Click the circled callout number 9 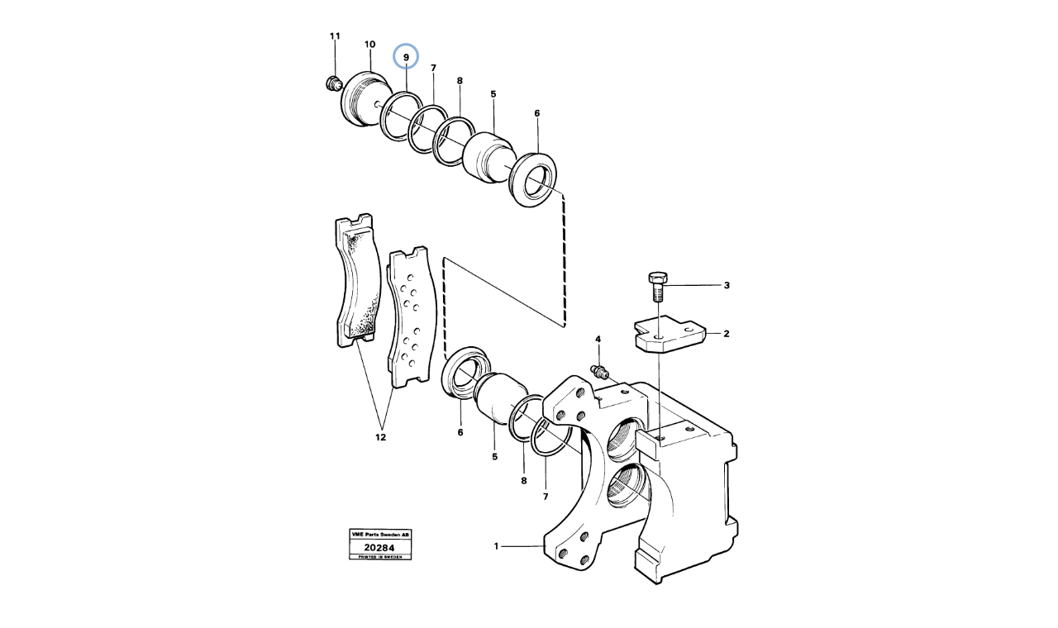coord(406,57)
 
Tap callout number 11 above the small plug coord(335,36)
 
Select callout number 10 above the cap coord(369,45)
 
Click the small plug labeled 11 coord(334,82)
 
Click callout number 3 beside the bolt coord(727,286)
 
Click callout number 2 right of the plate coord(726,335)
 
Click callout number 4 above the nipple coord(598,340)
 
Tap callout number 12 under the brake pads coord(380,437)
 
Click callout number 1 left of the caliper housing coord(497,546)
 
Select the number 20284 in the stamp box coord(379,547)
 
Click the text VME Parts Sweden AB coord(379,535)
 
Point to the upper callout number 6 coord(536,113)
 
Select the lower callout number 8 coord(522,480)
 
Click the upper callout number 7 coord(433,69)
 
